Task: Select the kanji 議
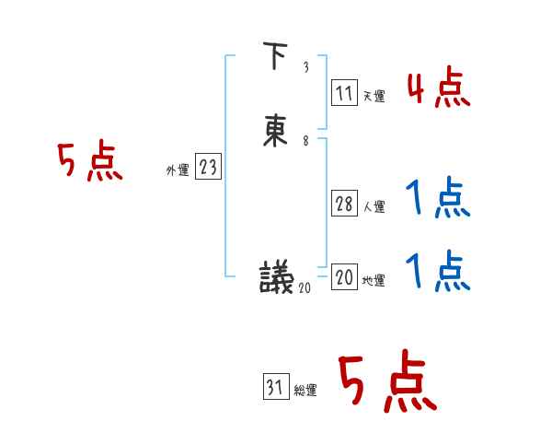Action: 276,275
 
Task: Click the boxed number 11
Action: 344,93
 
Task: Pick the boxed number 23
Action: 208,167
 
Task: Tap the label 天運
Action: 374,96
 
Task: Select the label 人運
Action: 374,207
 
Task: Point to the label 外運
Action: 178,170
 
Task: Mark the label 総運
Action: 305,391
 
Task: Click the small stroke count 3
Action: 305,68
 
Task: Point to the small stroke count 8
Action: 305,141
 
